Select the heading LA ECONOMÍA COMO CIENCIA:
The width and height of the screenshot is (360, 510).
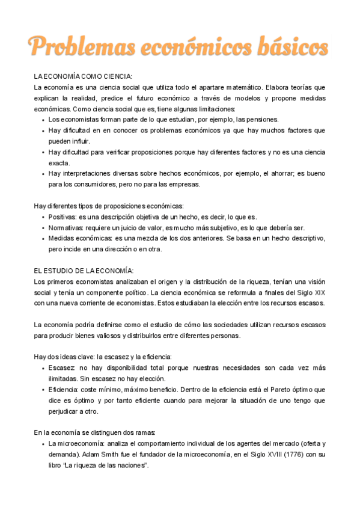[x=83, y=76]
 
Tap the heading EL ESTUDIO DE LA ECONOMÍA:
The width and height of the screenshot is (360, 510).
[x=84, y=271]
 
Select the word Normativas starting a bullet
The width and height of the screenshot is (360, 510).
[x=67, y=227]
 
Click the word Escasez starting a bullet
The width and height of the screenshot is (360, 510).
[x=62, y=367]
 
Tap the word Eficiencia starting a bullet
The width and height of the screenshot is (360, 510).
[x=65, y=390]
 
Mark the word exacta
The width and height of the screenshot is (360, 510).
[x=59, y=162]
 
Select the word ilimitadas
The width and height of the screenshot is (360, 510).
[x=65, y=378]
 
